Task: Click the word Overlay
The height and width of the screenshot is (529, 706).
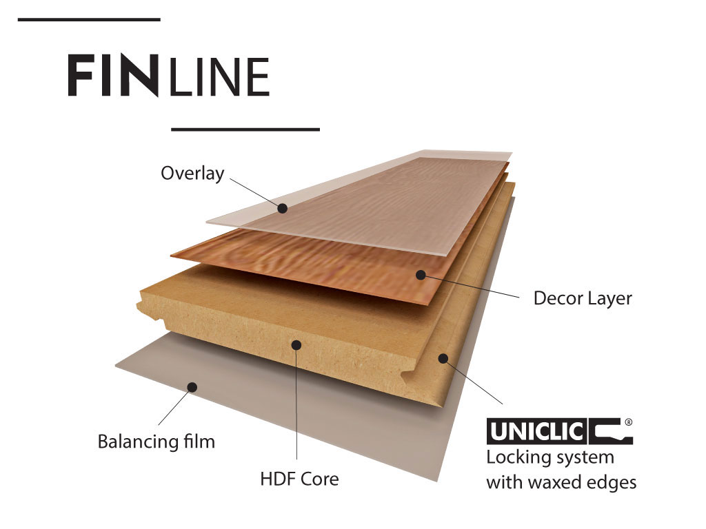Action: (x=192, y=174)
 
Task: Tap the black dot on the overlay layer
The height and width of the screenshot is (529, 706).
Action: (x=282, y=208)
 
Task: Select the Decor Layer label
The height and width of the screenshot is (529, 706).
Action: (x=583, y=299)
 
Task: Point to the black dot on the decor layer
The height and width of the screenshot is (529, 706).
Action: (x=421, y=274)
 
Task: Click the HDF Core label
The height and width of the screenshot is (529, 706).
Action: (x=299, y=479)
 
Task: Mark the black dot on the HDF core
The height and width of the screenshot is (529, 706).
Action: (x=296, y=345)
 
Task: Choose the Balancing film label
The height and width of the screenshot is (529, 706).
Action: (x=157, y=442)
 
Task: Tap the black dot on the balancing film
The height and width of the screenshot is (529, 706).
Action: (x=192, y=387)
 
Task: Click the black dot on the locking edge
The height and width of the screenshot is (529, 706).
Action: (x=443, y=358)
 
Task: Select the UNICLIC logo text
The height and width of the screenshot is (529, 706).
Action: (x=536, y=431)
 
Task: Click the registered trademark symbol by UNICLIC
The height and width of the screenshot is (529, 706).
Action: (x=629, y=422)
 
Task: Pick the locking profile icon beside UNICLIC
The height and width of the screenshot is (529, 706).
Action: (x=611, y=432)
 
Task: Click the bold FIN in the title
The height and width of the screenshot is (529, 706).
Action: (x=114, y=75)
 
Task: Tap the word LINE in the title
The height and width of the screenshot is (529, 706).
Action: (x=220, y=77)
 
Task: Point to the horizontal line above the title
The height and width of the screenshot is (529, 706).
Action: (x=89, y=20)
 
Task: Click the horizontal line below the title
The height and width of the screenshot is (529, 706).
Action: (x=245, y=129)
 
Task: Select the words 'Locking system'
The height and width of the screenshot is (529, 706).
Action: (x=550, y=458)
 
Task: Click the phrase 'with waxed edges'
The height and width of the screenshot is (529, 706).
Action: (x=561, y=483)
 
